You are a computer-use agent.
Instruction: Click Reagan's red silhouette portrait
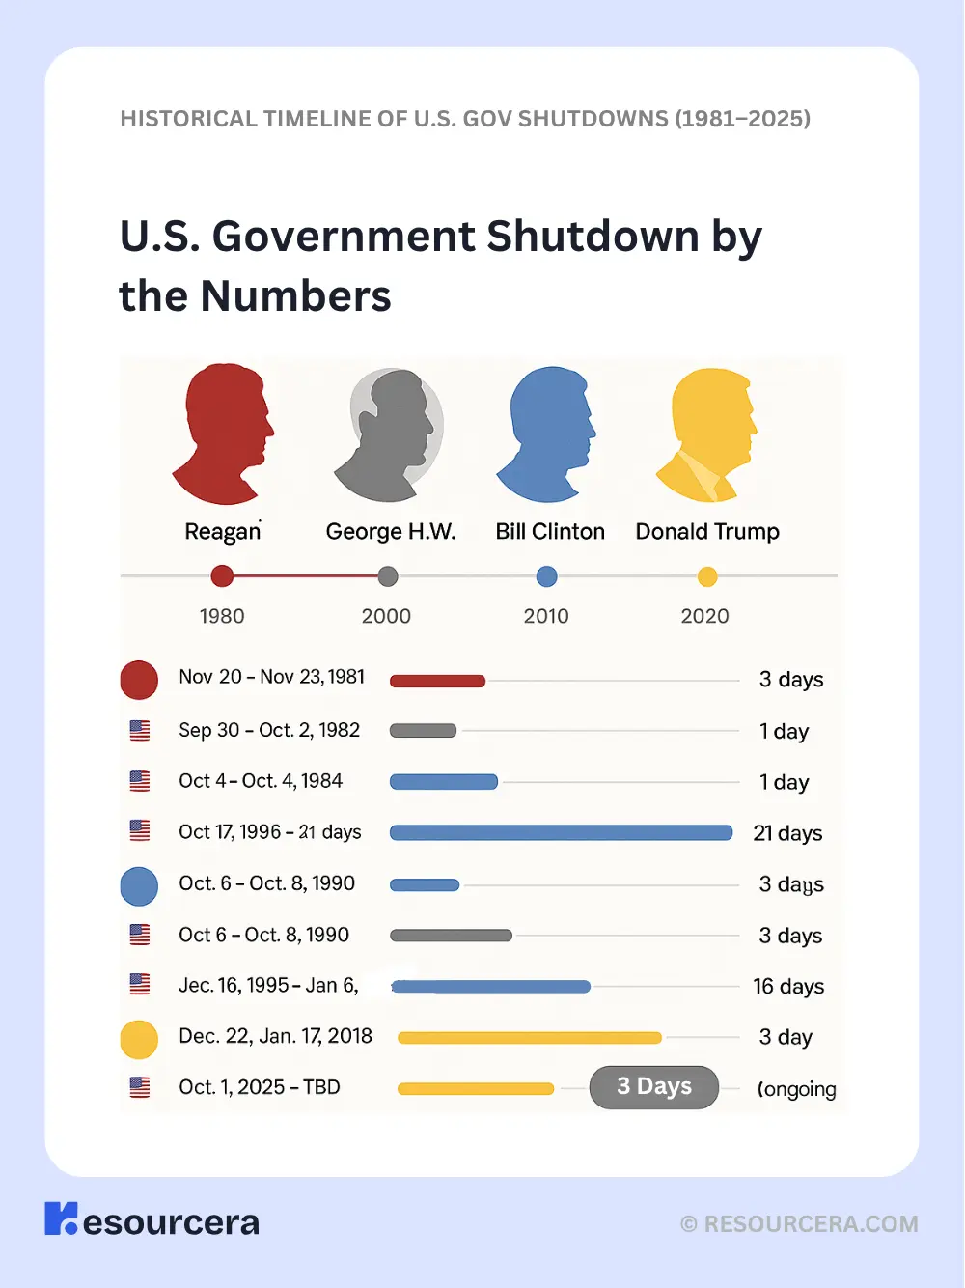click(x=223, y=434)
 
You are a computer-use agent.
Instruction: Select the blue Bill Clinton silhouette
click(x=546, y=434)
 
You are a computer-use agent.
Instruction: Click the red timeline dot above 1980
click(x=222, y=576)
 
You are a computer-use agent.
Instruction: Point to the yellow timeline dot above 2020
click(x=707, y=577)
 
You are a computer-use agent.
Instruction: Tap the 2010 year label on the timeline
click(x=546, y=616)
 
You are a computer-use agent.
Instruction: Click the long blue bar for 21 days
click(x=561, y=832)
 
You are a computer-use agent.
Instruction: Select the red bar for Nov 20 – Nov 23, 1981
click(x=437, y=681)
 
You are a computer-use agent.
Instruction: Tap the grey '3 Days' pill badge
click(x=654, y=1087)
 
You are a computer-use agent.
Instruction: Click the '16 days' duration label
click(x=788, y=987)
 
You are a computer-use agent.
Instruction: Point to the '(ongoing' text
click(x=796, y=1089)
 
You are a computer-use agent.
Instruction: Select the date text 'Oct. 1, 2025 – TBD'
click(x=260, y=1087)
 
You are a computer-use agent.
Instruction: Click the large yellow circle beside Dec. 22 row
click(x=139, y=1039)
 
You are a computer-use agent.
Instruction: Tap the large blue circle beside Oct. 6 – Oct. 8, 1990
click(x=139, y=886)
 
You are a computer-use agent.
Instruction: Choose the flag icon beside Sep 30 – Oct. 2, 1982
click(x=140, y=731)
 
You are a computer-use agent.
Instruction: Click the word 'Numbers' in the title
click(x=295, y=295)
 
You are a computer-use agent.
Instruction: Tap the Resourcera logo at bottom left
click(x=152, y=1220)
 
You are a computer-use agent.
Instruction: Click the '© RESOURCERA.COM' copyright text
click(x=799, y=1224)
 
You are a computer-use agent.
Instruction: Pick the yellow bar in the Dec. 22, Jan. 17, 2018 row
click(x=530, y=1038)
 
